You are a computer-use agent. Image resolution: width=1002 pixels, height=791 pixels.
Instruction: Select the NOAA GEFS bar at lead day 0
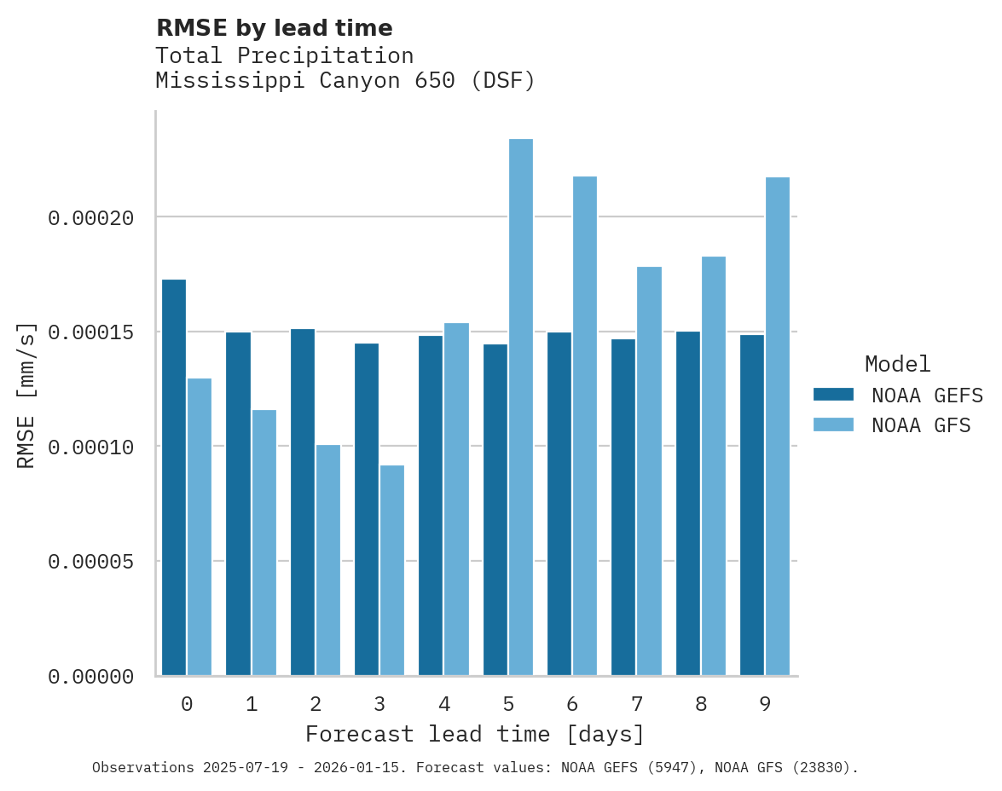174,477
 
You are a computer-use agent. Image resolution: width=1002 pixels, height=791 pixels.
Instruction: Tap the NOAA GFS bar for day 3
392,570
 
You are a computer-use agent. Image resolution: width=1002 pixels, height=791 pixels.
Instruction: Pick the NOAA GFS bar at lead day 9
778,426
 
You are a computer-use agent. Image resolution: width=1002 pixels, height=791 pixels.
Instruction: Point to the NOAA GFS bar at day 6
585,426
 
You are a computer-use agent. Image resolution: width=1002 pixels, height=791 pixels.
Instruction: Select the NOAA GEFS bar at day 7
623,507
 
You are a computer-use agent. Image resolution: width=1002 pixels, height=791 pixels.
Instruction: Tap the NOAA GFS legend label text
921,425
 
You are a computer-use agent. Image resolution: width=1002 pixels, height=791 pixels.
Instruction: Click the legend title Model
897,364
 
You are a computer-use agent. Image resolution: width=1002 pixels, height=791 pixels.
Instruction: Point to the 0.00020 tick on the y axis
91,218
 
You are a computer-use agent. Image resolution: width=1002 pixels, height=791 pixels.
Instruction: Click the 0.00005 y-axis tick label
91,562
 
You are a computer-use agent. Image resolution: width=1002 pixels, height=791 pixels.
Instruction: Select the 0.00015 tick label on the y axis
91,332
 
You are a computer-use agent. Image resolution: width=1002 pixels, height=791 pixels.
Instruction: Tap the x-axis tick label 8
701,704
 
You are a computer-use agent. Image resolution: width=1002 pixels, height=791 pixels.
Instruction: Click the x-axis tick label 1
252,704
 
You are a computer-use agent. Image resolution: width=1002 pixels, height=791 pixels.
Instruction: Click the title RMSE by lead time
274,28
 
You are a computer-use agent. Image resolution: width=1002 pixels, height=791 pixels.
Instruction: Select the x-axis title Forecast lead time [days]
475,734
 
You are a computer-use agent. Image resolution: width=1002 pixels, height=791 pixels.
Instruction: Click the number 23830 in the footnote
825,768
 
